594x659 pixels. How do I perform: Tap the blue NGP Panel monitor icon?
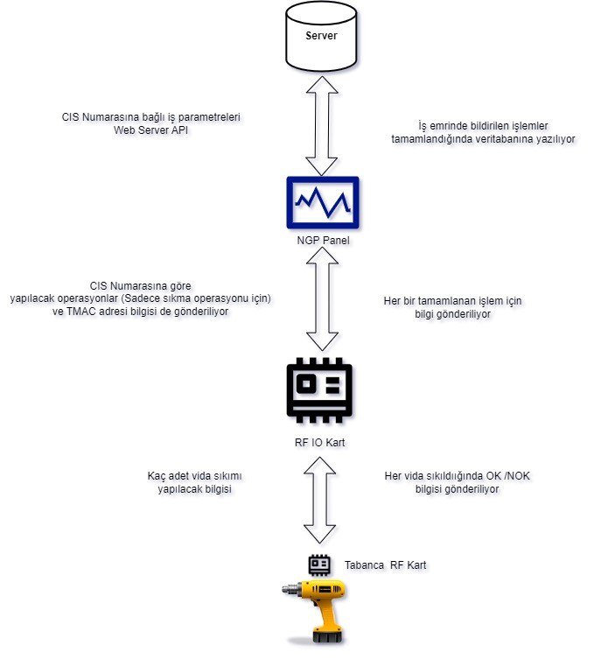(x=323, y=202)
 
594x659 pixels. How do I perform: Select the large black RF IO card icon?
(x=319, y=390)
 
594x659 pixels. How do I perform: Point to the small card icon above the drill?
(x=319, y=564)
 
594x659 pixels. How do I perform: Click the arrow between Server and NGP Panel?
(x=322, y=126)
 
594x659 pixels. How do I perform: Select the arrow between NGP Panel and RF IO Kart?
(x=322, y=298)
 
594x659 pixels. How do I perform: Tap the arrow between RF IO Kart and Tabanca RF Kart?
(x=319, y=500)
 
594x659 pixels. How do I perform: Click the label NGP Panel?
(x=323, y=241)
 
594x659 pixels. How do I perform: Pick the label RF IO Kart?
(x=319, y=443)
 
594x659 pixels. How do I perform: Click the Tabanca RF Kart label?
(x=385, y=565)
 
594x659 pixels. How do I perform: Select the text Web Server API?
(x=150, y=130)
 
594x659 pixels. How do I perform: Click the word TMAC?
(x=80, y=312)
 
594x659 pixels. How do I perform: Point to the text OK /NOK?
(x=508, y=476)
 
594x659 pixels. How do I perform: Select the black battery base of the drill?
(x=328, y=637)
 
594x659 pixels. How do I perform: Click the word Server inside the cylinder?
(x=321, y=36)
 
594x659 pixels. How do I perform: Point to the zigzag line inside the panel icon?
(x=323, y=202)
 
